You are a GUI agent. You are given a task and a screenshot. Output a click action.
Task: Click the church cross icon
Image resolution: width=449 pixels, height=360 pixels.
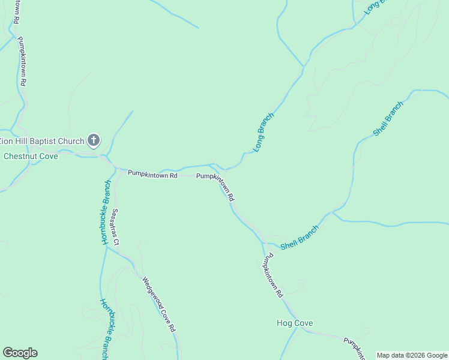93,141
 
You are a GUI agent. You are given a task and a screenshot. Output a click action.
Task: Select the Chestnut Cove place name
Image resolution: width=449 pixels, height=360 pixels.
31,156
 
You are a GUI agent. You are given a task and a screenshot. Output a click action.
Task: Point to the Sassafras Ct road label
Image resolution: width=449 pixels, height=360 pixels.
115,227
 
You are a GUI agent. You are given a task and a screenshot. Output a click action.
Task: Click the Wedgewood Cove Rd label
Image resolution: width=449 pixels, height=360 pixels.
158,304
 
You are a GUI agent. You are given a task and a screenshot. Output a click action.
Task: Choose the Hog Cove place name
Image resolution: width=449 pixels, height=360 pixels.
295,323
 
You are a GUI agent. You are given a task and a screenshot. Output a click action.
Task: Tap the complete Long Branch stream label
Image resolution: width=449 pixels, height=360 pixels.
264,132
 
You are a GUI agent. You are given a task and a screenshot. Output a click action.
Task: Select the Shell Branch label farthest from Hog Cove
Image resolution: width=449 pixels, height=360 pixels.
388,118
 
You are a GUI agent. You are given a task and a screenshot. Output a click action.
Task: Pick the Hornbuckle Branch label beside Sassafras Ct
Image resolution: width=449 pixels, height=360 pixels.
106,212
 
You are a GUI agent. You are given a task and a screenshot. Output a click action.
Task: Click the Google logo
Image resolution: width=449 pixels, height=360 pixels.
20,353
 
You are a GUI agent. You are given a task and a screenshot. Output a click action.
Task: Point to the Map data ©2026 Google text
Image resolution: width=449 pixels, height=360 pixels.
412,355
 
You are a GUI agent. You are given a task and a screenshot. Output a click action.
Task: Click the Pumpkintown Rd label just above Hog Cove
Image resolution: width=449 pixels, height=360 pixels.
272,277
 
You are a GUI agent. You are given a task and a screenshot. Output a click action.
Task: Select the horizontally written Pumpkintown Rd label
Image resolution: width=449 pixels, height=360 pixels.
152,175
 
